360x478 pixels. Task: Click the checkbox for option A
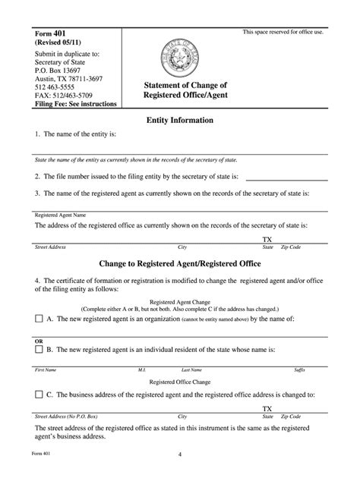click(39, 319)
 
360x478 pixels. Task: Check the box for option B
click(39, 350)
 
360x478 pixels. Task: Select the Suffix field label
click(299, 370)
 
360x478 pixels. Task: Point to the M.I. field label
click(142, 370)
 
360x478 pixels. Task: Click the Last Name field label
click(191, 370)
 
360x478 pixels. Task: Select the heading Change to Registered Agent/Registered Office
click(179, 263)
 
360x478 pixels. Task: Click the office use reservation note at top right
click(283, 31)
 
